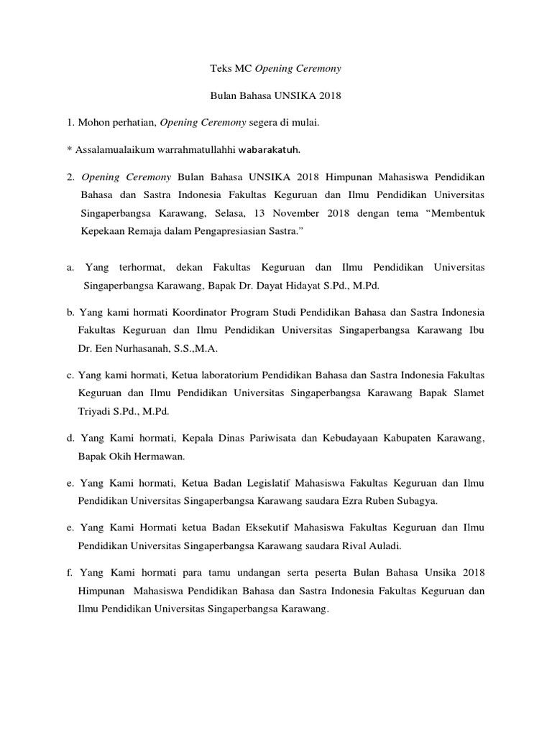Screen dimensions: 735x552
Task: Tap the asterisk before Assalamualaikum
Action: point(70,151)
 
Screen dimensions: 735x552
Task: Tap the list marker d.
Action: point(70,439)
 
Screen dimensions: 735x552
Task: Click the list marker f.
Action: point(70,573)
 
